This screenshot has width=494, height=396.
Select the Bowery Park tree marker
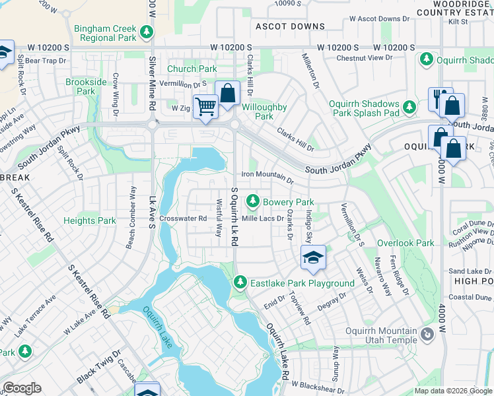point(252,201)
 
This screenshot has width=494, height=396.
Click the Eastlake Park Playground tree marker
point(240,283)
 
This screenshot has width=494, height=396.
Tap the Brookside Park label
point(86,86)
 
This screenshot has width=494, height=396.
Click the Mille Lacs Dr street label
point(262,218)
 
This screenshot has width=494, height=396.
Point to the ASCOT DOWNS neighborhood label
point(291,26)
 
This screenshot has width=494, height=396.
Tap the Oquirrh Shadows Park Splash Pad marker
point(409,106)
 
